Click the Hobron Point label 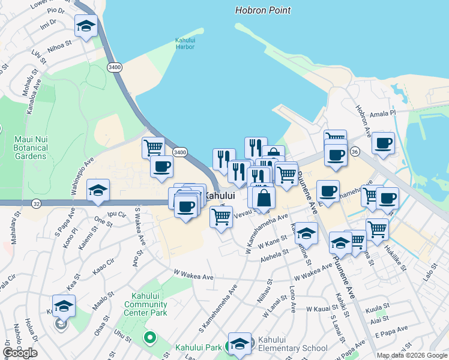(x=263, y=10)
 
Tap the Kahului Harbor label (x=185, y=43)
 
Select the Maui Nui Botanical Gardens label (x=30, y=148)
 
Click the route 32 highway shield (x=37, y=204)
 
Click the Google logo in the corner (x=20, y=353)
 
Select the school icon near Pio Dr (x=86, y=26)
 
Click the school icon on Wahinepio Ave (x=98, y=190)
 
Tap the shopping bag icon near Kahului (x=264, y=197)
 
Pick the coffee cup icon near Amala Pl (x=383, y=143)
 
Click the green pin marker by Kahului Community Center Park (x=149, y=338)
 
